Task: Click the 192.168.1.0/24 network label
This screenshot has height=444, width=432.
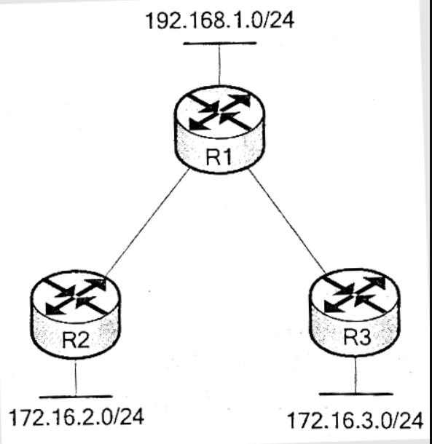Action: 220,20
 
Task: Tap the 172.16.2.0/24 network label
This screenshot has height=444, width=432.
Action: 76,417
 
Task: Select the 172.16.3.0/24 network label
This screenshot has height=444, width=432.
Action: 356,421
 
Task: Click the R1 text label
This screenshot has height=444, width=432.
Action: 219,157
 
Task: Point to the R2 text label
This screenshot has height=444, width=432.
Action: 76,340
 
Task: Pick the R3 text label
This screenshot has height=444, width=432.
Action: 357,337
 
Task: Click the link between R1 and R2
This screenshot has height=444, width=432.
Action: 147,222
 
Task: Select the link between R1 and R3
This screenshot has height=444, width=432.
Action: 288,222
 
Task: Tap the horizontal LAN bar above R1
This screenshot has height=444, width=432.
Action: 220,44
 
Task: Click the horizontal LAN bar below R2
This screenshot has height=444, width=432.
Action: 76,397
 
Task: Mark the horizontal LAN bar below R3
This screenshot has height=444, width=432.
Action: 356,394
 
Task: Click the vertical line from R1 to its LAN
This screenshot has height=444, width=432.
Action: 219,65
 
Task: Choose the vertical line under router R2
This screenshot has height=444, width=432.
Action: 76,377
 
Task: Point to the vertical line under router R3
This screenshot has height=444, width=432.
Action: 356,374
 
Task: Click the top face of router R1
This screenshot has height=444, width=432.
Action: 220,113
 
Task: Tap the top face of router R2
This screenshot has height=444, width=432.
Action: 76,297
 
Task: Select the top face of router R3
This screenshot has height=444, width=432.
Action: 354,295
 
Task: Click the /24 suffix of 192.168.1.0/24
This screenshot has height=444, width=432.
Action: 278,20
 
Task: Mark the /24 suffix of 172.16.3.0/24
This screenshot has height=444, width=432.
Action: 408,421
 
